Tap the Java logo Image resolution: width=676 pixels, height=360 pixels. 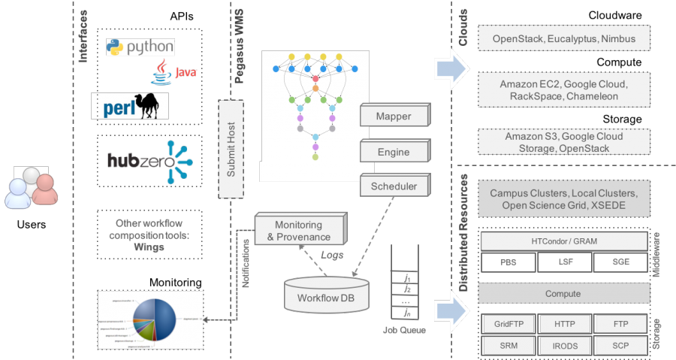(174, 74)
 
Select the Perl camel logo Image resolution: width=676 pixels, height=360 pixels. (130, 106)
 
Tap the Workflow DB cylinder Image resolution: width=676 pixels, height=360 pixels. (327, 294)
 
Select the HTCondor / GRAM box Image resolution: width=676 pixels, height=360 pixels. (563, 241)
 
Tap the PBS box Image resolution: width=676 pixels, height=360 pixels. (508, 262)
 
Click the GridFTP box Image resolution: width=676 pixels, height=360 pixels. (508, 324)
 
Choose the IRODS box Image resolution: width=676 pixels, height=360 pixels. (564, 345)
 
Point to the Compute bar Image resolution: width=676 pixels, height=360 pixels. (563, 294)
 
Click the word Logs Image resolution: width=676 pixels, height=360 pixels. (331, 256)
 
